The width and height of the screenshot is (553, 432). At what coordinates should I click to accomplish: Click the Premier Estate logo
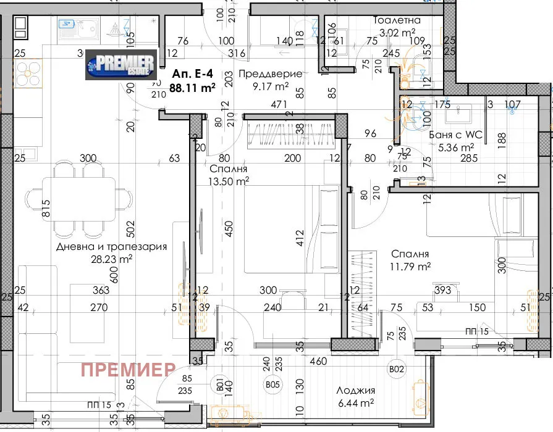[x=120, y=65]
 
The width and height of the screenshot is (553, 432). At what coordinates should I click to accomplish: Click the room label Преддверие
[x=271, y=74]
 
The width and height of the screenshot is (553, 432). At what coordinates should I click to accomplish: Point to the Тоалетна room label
[x=397, y=20]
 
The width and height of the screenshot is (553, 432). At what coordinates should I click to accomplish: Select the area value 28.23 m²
[x=112, y=260]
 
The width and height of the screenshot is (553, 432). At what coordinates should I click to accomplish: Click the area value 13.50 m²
[x=229, y=181]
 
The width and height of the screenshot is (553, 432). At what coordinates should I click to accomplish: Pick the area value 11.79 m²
[x=411, y=267]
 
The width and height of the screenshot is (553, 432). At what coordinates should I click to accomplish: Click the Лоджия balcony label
[x=356, y=390]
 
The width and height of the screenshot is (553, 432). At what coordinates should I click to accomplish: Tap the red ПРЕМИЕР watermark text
[x=129, y=370]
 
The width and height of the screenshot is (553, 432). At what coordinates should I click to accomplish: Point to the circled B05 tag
[x=272, y=385]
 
